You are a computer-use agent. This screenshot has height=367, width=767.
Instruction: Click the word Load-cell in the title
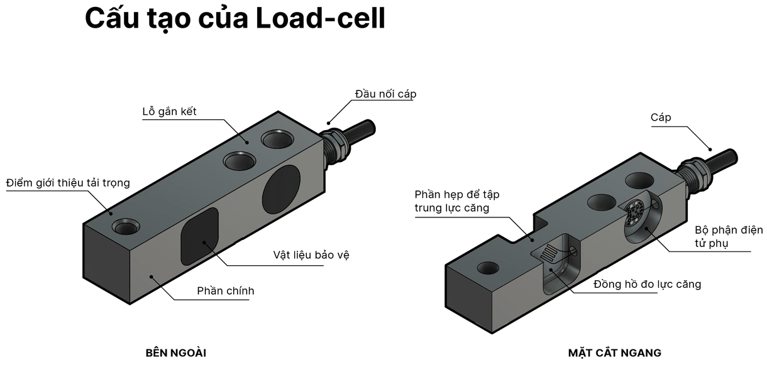click(321, 19)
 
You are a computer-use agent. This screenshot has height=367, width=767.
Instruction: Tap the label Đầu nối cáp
click(385, 94)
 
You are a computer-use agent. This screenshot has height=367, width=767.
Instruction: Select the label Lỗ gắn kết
click(169, 112)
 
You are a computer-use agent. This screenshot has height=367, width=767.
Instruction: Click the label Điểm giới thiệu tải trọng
click(68, 183)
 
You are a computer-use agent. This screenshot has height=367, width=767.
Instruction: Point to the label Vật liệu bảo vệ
click(311, 255)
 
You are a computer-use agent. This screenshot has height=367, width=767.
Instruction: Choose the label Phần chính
click(226, 290)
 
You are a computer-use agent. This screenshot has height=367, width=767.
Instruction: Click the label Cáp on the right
click(661, 118)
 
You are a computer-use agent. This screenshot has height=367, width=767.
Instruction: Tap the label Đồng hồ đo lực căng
click(648, 284)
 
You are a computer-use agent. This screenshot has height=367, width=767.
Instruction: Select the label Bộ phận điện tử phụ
click(728, 236)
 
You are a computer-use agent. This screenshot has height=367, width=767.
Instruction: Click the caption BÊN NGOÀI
click(175, 353)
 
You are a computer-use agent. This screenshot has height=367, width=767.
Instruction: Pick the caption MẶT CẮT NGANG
click(615, 353)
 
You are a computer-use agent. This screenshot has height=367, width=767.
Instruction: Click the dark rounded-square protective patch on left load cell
click(200, 236)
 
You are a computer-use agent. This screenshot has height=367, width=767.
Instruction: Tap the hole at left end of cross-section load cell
click(488, 268)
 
